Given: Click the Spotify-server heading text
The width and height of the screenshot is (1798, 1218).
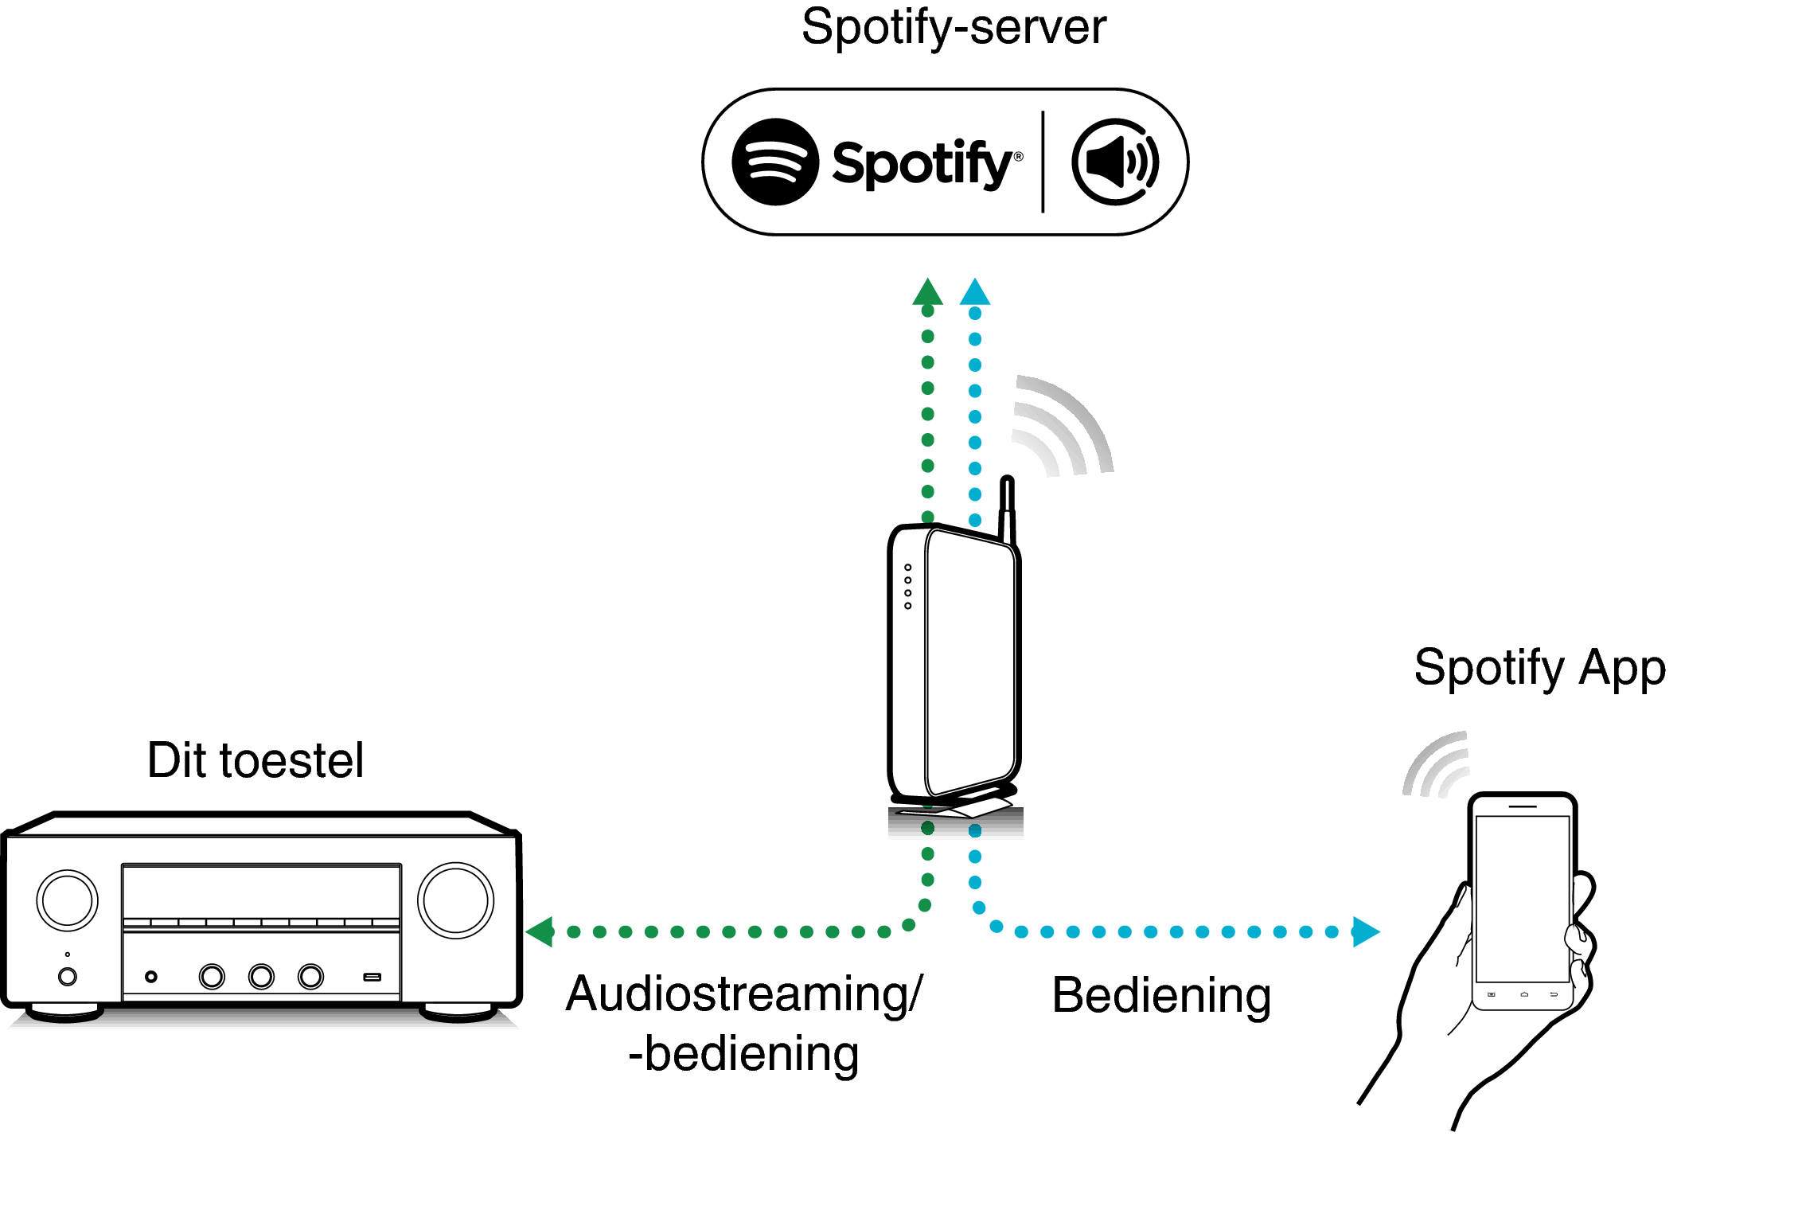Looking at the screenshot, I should click(x=953, y=27).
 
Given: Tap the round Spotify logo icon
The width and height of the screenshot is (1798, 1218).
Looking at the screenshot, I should click(x=775, y=162).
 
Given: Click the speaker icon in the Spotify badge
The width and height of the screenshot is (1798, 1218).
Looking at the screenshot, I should click(x=1114, y=162).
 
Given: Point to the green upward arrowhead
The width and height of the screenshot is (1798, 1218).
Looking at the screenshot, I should click(x=927, y=292).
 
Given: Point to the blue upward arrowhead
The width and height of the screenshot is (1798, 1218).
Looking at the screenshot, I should click(x=975, y=292).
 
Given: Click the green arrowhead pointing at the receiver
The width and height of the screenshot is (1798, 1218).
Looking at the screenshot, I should click(x=540, y=931).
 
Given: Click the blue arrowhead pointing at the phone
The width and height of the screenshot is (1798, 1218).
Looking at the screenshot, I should click(x=1364, y=931).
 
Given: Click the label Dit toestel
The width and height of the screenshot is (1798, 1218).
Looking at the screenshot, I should click(x=255, y=760).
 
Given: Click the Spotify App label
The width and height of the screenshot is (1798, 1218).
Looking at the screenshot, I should click(x=1539, y=667).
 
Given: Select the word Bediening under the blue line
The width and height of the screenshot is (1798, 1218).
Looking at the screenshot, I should click(x=1161, y=995).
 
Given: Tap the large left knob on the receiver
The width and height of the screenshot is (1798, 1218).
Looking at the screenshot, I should click(x=68, y=900).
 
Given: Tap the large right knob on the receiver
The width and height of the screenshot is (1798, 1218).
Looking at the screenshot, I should click(x=455, y=900).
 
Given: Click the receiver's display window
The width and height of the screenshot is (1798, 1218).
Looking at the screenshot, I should click(x=261, y=891).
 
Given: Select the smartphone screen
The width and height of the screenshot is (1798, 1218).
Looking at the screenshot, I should click(x=1522, y=898).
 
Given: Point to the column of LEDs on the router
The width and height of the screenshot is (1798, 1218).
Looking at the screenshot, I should click(x=907, y=587).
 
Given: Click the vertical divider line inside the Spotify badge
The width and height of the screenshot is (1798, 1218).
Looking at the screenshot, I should click(x=1043, y=162).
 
